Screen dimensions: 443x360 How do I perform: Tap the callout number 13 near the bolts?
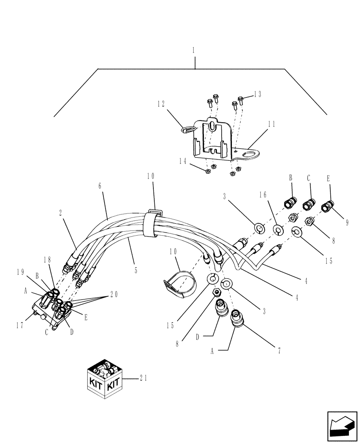click(x=257, y=94)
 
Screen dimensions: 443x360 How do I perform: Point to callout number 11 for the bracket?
click(x=271, y=124)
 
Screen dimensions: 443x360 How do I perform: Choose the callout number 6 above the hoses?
click(x=100, y=187)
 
